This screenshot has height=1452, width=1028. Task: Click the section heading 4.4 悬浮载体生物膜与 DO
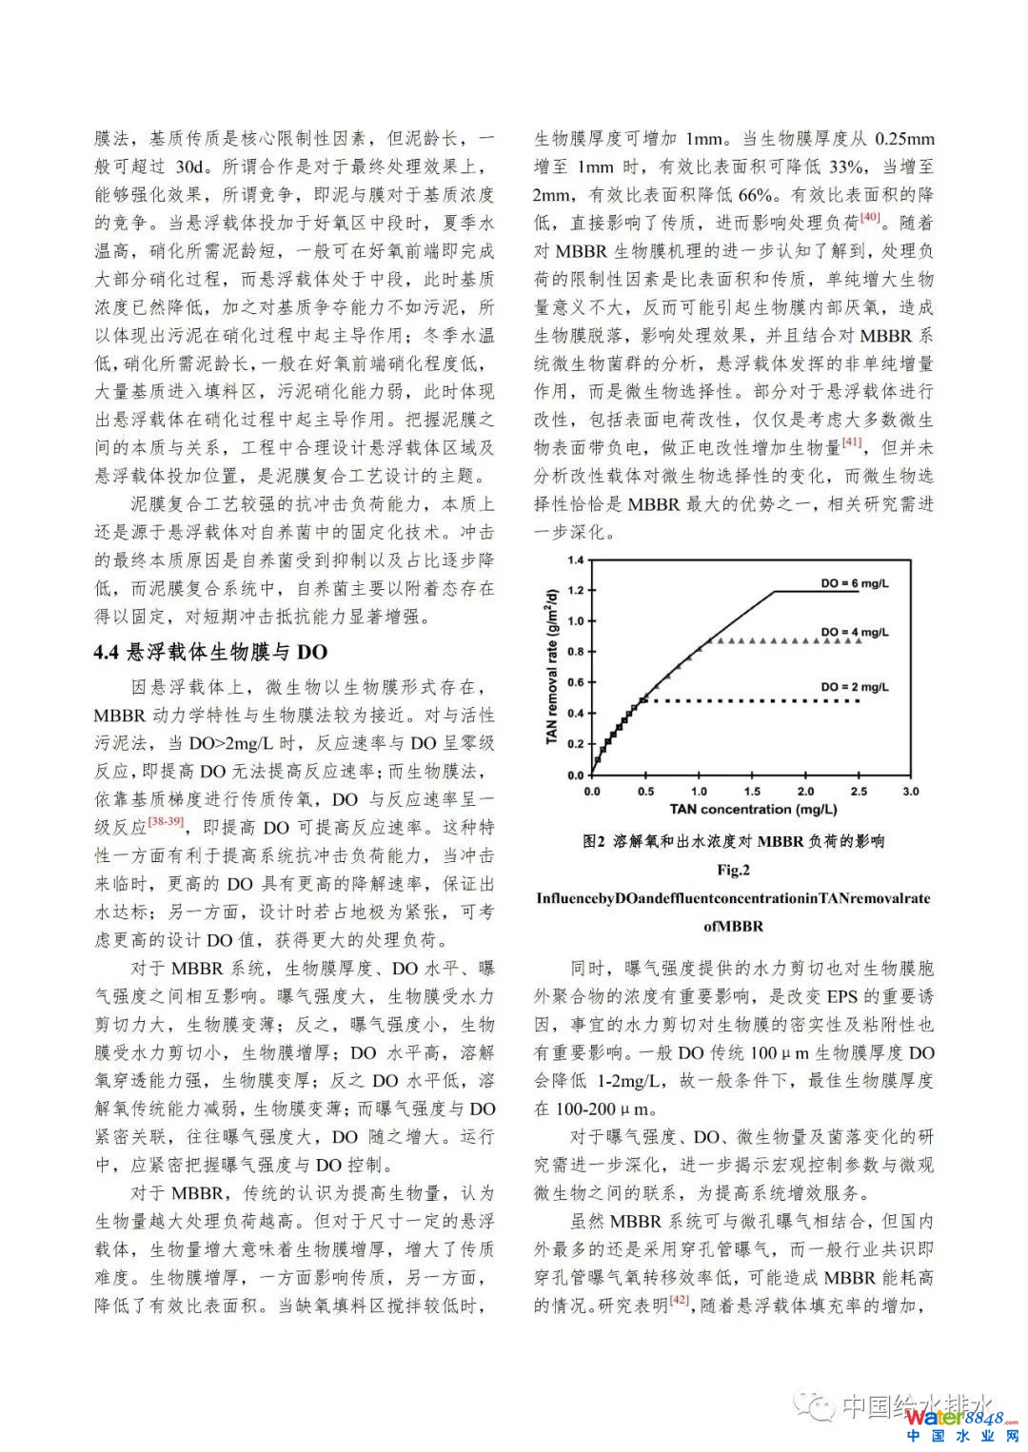click(210, 652)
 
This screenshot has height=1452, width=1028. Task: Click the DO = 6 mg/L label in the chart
click(854, 583)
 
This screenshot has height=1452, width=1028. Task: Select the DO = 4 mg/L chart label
click(854, 632)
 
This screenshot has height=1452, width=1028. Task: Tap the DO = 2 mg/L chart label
click(854, 687)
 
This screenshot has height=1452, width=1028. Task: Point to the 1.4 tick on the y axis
click(575, 559)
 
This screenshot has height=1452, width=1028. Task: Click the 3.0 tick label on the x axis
click(911, 791)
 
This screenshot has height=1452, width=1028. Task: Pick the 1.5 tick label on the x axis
click(752, 791)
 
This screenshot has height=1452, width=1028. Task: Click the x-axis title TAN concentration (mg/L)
click(752, 810)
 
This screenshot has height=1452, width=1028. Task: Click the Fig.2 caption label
click(733, 869)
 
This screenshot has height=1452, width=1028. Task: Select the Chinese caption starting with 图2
click(733, 840)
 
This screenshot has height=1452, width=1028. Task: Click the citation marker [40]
click(870, 218)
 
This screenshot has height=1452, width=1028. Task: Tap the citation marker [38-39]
click(168, 821)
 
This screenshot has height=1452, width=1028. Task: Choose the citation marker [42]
click(680, 1300)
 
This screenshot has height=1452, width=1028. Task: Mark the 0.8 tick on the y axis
click(575, 652)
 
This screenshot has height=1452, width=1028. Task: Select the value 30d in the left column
click(191, 167)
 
